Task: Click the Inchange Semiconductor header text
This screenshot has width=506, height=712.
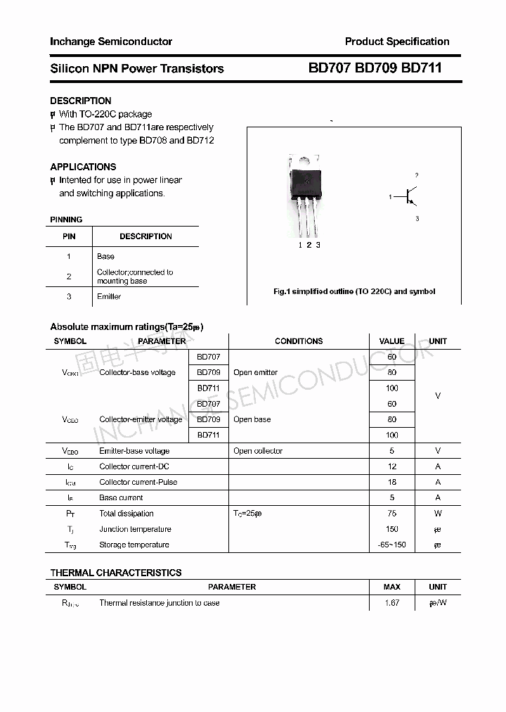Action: (111, 42)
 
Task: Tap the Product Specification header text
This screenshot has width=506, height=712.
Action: (397, 42)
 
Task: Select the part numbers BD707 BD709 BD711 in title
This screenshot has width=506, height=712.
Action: (375, 68)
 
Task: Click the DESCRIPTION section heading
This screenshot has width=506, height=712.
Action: (81, 101)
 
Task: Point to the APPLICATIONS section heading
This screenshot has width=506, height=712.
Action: (83, 167)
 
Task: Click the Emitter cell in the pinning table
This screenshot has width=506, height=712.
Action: (109, 296)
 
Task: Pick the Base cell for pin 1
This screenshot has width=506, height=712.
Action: (105, 256)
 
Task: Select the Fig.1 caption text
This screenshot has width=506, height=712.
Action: (354, 291)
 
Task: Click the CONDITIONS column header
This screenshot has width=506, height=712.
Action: (299, 341)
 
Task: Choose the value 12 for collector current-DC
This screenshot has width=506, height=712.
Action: (392, 466)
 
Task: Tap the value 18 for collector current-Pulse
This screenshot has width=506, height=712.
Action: (392, 482)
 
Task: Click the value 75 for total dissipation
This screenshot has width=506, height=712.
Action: (392, 514)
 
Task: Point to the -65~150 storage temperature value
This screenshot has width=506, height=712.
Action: (392, 545)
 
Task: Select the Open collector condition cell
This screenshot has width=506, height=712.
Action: (258, 451)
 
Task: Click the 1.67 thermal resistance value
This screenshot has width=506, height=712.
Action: (392, 603)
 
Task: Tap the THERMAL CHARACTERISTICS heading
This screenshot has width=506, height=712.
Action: (116, 573)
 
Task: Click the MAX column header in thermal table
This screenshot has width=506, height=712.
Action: (392, 587)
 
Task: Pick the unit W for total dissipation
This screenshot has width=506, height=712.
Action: (438, 514)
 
